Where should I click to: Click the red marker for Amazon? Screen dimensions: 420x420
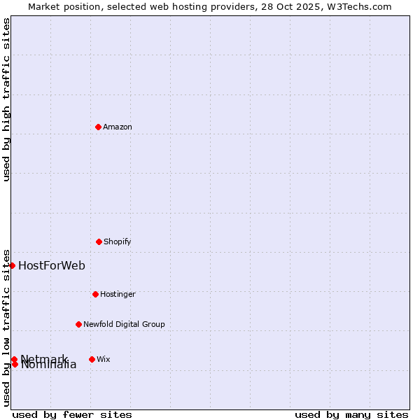(x=98, y=127)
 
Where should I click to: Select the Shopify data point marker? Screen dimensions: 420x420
(x=99, y=241)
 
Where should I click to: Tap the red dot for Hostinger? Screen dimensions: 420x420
(x=95, y=294)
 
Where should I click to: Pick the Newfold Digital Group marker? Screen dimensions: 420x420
(x=78, y=324)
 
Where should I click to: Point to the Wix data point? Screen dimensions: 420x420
(x=92, y=359)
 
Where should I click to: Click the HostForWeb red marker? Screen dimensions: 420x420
(x=12, y=265)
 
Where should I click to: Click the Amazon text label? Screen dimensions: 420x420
(x=118, y=127)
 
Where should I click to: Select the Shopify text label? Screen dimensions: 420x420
(x=118, y=241)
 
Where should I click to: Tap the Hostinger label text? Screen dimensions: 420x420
(x=118, y=294)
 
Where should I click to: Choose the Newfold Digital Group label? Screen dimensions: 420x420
(x=124, y=324)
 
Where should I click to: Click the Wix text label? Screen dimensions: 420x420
(x=104, y=359)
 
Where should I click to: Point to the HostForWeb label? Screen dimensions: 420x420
(x=52, y=265)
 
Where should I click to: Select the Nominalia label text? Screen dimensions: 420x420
(x=49, y=365)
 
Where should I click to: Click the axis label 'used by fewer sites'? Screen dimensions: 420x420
(x=72, y=414)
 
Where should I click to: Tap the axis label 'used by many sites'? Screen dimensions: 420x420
(x=351, y=414)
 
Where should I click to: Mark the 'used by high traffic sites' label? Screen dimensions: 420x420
(x=6, y=99)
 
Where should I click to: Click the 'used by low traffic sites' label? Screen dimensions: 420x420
(x=6, y=328)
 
